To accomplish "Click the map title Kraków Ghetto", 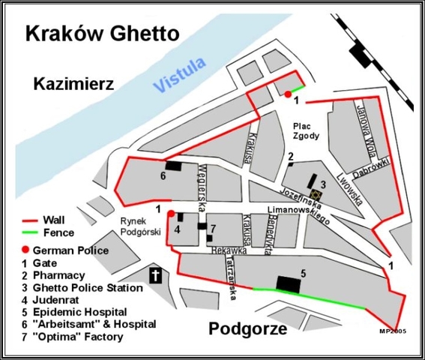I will [102, 34].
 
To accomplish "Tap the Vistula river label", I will [180, 75].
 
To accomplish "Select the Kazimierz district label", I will [73, 84].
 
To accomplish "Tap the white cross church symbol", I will [156, 275].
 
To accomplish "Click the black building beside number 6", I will [174, 166].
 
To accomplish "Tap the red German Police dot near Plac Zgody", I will [288, 94].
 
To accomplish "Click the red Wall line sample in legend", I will [31, 221].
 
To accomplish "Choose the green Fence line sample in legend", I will [31, 233].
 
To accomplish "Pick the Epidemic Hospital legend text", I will [83, 311].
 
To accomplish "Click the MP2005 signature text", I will [393, 329].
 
